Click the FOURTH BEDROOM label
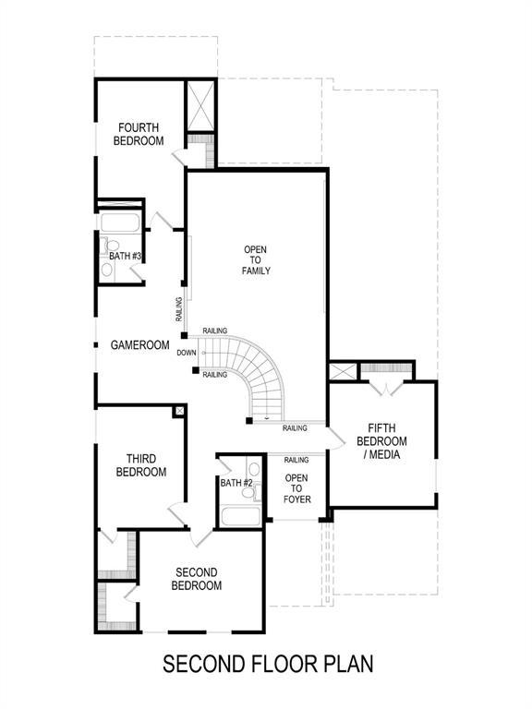pos(139,134)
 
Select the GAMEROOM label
pos(140,345)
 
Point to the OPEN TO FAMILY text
pos(256,260)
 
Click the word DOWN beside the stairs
pos(187,353)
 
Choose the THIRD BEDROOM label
pos(141,465)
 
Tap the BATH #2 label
pos(236,483)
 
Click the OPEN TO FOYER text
pos(296,488)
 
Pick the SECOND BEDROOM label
pos(199,579)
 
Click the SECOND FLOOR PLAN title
pos(268,664)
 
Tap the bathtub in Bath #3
pos(119,222)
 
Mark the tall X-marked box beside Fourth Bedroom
pos(200,107)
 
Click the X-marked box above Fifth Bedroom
pos(343,371)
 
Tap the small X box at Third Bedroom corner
pos(179,411)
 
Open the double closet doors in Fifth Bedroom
pos(385,388)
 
